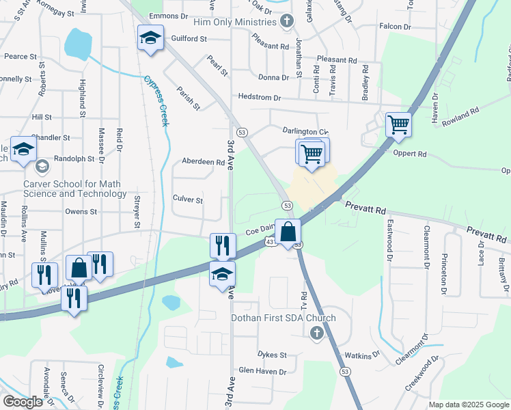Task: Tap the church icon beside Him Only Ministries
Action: pos(287,22)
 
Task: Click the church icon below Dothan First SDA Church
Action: pos(316,333)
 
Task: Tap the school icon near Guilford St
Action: pos(150,38)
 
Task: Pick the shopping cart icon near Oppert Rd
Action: pos(398,126)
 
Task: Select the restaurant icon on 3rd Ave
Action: pos(222,246)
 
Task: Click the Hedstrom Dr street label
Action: pos(259,98)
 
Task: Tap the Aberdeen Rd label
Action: pos(203,163)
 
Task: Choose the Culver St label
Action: pos(188,200)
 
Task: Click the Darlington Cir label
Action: pos(305,131)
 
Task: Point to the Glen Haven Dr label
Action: pos(262,371)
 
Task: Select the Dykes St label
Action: pos(272,355)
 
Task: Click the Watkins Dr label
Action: pos(362,355)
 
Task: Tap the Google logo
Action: pos(23,401)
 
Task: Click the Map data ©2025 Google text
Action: pos(469,405)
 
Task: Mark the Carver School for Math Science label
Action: pos(75,189)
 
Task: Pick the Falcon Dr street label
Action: pos(395,27)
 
